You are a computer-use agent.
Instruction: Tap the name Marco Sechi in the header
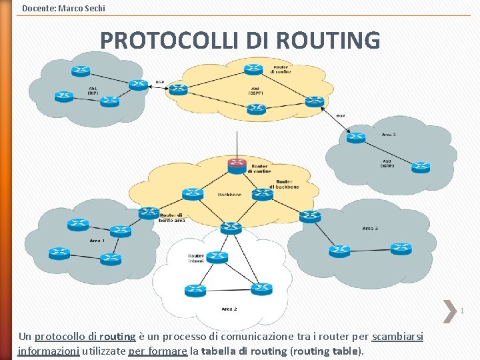[81, 8]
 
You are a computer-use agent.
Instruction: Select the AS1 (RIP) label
[93, 91]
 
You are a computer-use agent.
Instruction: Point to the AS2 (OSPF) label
[255, 91]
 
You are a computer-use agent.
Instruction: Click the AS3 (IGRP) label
[387, 163]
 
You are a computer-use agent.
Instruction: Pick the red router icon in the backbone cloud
[237, 165]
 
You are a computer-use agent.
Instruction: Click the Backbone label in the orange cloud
[229, 195]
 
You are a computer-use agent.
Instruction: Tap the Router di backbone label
[283, 184]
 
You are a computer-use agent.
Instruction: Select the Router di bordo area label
[171, 217]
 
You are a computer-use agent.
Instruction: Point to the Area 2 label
[229, 309]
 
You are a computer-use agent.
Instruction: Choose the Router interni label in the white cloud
[196, 258]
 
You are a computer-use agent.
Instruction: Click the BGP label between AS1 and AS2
[159, 82]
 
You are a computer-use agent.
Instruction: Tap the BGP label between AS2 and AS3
[340, 115]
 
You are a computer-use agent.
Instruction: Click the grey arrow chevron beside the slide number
[448, 309]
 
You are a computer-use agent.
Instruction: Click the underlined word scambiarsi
[397, 337]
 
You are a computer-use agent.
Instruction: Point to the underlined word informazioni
[48, 351]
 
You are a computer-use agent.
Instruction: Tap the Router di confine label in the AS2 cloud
[281, 69]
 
